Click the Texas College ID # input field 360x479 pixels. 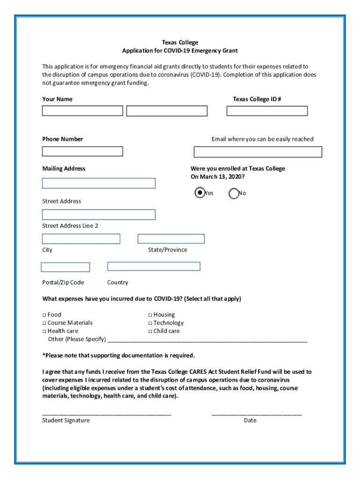point(267,111)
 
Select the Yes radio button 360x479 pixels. point(200,193)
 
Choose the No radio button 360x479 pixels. point(234,193)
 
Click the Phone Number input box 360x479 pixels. point(82,152)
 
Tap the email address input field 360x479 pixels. point(258,152)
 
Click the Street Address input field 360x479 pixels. point(99,183)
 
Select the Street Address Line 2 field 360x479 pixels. point(99,215)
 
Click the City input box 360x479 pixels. point(81,239)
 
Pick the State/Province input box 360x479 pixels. point(171,239)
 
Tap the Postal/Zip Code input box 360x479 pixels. point(65,268)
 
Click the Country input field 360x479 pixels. point(153,266)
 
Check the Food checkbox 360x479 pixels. point(44,315)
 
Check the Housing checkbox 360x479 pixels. point(150,315)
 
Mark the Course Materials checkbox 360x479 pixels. point(44,323)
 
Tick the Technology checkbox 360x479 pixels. point(150,323)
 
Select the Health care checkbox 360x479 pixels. point(44,331)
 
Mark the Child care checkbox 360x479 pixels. point(150,331)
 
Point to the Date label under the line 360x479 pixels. point(250,421)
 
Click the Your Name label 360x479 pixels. point(58,99)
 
